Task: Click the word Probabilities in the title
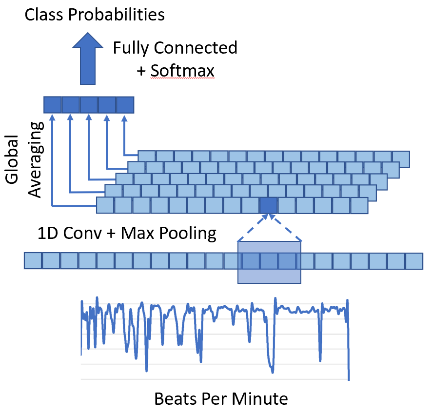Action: tap(116, 15)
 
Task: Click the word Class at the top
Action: tap(44, 15)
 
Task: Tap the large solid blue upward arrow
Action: tap(88, 59)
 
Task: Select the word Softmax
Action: tap(182, 71)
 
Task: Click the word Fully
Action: tap(131, 48)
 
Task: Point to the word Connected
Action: tap(196, 48)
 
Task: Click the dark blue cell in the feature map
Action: tap(268, 205)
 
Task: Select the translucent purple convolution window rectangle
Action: tap(269, 262)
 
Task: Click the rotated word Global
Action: tap(12, 159)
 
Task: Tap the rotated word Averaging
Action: tap(36, 159)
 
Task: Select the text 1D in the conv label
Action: tap(48, 233)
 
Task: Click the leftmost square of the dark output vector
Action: tap(53, 105)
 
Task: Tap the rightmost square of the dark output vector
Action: tap(125, 105)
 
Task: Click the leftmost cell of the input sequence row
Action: tap(33, 261)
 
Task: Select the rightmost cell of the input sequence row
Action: tap(414, 261)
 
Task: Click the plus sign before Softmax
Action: tap(141, 71)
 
